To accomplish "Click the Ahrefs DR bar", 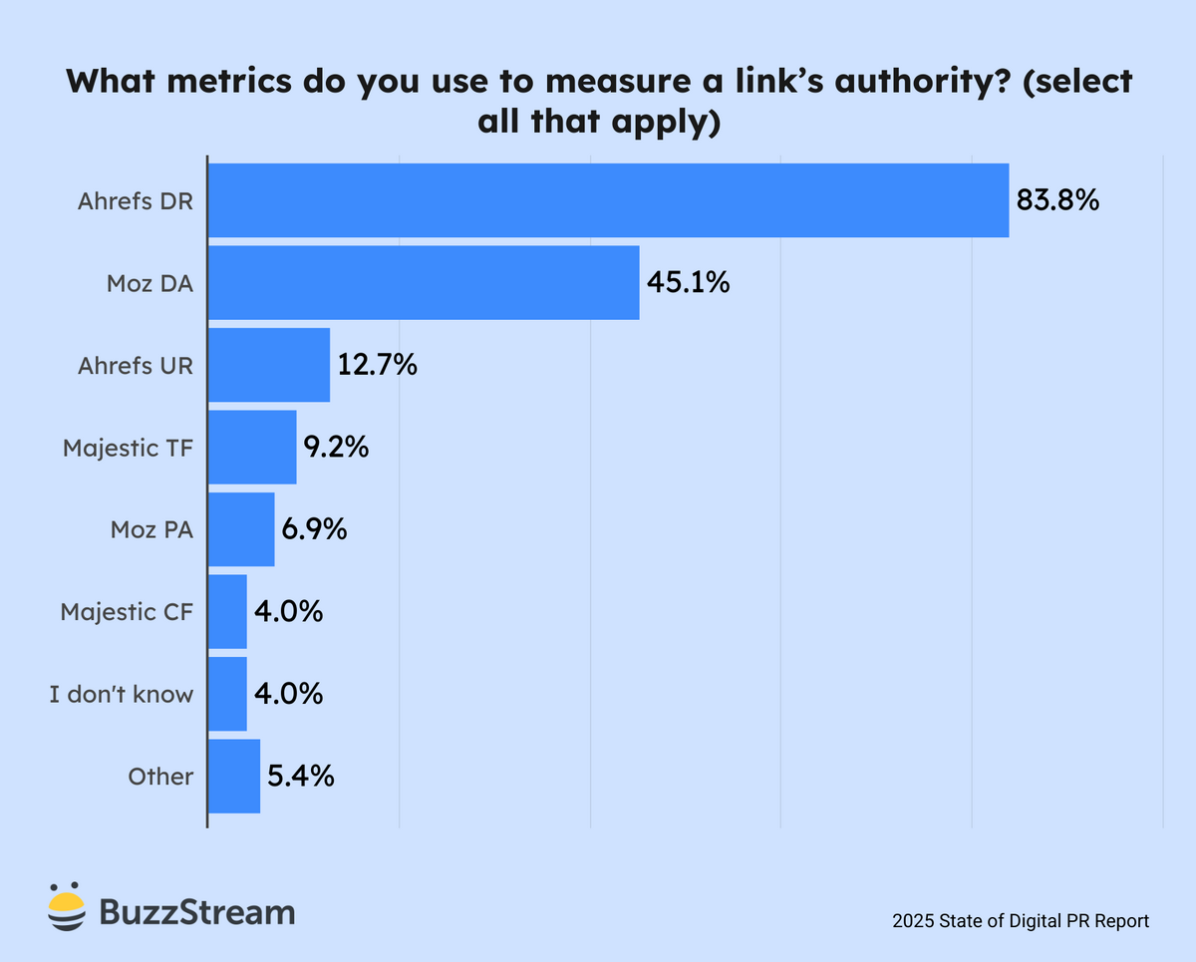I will (608, 200).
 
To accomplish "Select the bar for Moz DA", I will (424, 283).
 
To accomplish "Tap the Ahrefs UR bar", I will (269, 365).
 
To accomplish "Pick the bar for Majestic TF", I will (252, 448).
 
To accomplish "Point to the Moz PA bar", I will (241, 529).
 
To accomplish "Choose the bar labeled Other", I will (234, 777).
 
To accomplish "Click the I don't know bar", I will (227, 694).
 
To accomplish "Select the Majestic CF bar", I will (227, 611).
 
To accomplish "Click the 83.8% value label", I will (1057, 201).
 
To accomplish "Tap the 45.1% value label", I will (688, 283).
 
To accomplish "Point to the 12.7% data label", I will (377, 366).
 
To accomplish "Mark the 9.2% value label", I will (337, 448).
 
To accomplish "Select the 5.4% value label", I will (300, 777).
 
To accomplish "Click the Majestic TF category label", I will (128, 448).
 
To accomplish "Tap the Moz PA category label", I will (151, 529).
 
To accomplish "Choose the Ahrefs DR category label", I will (136, 200).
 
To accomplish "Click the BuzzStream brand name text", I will (197, 911).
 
